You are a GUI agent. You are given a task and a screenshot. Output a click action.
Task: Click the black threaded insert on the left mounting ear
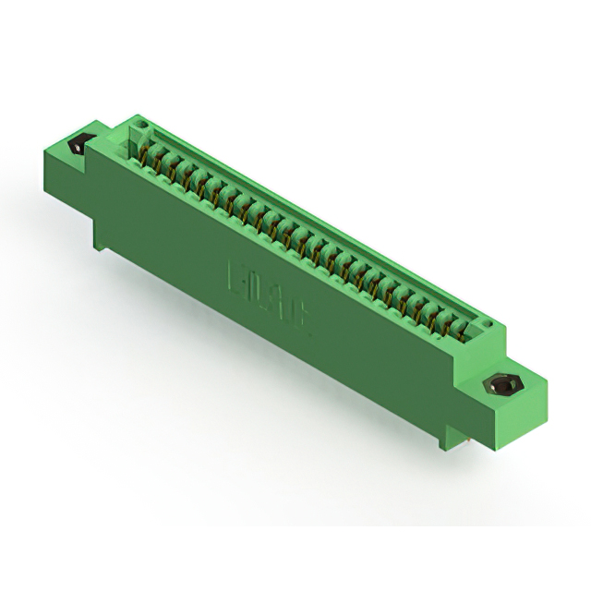[79, 145]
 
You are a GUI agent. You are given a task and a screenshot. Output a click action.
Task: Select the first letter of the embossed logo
[234, 276]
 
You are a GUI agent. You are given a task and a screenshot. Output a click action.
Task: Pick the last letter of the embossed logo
[302, 314]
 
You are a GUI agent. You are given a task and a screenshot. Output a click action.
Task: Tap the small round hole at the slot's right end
[485, 324]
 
